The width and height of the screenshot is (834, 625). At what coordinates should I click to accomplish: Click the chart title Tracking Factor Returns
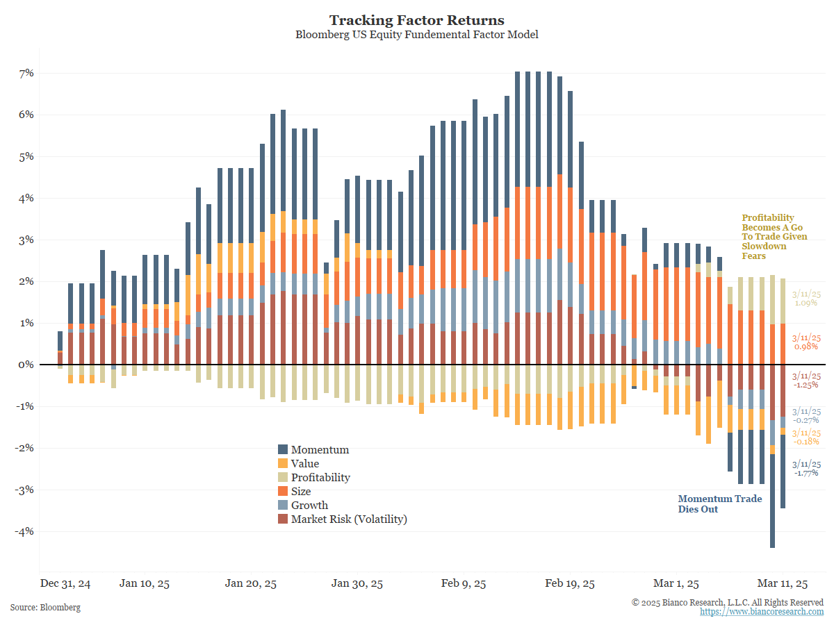click(x=416, y=20)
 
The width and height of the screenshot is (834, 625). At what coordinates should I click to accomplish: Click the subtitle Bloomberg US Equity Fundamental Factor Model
click(x=416, y=35)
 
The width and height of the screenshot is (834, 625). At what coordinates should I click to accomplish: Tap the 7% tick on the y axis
click(x=26, y=73)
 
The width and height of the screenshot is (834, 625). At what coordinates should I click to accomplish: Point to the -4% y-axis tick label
click(x=24, y=531)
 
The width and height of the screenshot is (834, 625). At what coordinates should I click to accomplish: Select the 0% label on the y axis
click(x=26, y=365)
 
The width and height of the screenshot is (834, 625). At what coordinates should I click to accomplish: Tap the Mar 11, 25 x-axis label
click(x=783, y=583)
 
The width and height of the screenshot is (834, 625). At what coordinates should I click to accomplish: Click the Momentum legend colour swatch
click(x=283, y=450)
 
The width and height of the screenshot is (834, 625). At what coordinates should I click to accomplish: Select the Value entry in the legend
click(x=305, y=464)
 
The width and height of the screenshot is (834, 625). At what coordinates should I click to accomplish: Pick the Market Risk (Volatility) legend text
click(x=349, y=519)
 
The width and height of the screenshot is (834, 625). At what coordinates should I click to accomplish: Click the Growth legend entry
click(x=309, y=506)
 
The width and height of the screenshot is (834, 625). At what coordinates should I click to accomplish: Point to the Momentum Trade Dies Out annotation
click(x=719, y=504)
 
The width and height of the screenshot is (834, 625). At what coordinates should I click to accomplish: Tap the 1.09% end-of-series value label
click(x=806, y=303)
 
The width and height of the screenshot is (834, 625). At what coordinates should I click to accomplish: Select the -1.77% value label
click(x=806, y=473)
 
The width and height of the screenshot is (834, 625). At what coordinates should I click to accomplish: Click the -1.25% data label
click(x=806, y=385)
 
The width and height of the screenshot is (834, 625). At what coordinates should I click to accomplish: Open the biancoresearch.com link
click(x=762, y=612)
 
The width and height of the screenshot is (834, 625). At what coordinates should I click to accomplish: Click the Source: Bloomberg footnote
click(x=45, y=608)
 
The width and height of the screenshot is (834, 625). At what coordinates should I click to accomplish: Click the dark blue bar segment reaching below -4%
click(x=772, y=500)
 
